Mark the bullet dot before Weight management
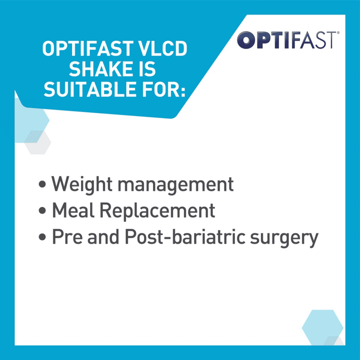[x=42, y=184]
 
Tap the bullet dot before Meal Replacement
[x=42, y=211]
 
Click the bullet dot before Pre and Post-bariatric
[x=42, y=238]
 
